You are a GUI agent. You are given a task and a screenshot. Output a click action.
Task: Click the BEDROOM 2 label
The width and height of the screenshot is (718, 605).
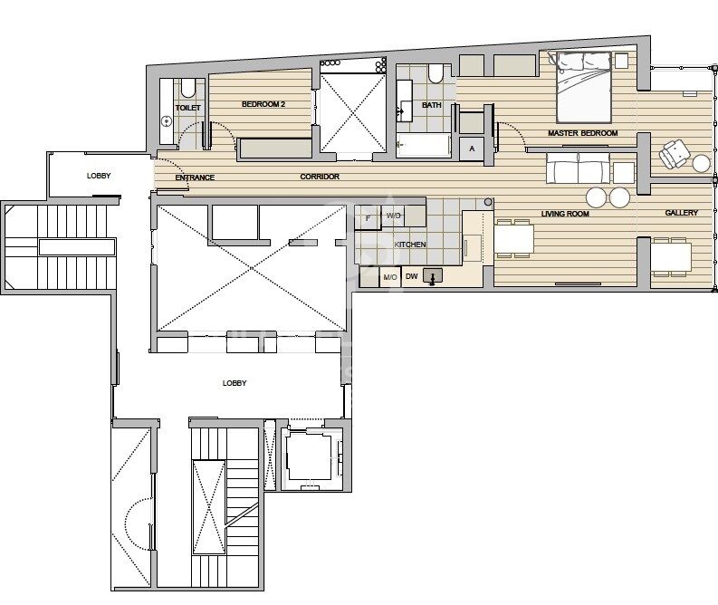point(263,104)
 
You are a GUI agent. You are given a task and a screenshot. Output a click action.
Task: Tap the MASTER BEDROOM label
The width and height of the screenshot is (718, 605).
point(582,133)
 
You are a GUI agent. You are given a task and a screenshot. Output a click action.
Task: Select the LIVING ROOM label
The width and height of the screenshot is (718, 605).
point(565,214)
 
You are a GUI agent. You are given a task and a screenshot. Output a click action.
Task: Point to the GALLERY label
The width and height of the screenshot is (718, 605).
point(682,213)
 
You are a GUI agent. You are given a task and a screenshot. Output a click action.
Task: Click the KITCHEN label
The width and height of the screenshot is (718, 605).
point(410,245)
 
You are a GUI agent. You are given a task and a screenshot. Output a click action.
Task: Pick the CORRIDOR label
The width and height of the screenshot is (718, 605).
point(320,177)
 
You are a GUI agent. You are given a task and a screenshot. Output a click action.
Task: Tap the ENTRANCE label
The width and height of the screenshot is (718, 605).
point(195,178)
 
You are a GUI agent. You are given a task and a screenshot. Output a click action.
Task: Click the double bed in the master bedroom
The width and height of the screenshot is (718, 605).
point(584,88)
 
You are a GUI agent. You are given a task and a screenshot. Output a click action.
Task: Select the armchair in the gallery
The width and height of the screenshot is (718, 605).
point(674,153)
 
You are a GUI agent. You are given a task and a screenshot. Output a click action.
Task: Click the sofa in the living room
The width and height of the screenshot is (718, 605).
point(578,168)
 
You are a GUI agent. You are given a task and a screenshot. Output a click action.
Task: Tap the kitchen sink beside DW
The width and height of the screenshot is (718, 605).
point(432,275)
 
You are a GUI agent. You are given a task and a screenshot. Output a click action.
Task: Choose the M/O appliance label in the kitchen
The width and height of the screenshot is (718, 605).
point(390,277)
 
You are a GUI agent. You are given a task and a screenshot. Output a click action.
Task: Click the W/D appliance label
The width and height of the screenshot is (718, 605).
point(393,216)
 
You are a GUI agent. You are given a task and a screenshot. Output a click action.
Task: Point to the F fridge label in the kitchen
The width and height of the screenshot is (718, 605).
point(369,218)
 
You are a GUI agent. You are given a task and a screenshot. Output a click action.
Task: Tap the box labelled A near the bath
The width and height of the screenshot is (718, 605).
point(472,149)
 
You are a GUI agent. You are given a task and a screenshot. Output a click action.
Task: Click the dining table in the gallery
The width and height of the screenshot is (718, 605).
point(671,257)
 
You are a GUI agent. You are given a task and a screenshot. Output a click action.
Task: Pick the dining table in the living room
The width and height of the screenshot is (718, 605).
point(513,239)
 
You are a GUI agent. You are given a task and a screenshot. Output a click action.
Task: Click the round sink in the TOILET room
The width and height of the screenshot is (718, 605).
point(167,121)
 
